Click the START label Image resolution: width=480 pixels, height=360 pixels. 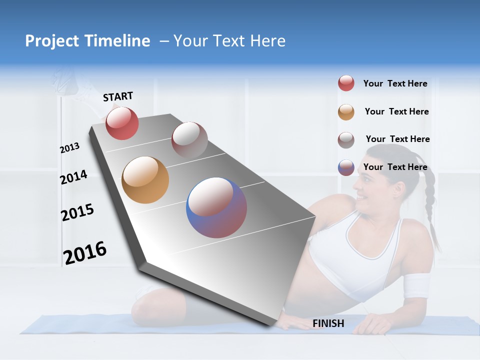pyautogui.click(x=118, y=96)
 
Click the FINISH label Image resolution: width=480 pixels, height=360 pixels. pyautogui.click(x=328, y=323)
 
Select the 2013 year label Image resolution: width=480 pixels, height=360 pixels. pyautogui.click(x=70, y=148)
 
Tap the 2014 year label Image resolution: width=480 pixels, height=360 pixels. pyautogui.click(x=73, y=177)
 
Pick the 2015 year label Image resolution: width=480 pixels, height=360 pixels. pyautogui.click(x=77, y=212)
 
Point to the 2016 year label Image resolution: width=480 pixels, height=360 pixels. pyautogui.click(x=85, y=252)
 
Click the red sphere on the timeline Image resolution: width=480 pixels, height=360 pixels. pyautogui.click(x=122, y=123)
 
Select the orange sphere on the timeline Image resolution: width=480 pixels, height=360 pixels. pyautogui.click(x=145, y=180)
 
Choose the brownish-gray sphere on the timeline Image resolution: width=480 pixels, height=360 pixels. pyautogui.click(x=189, y=139)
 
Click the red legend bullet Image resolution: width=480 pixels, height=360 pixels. pyautogui.click(x=346, y=83)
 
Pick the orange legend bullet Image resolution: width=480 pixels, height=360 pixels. pyautogui.click(x=346, y=112)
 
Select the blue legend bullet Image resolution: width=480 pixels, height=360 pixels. pyautogui.click(x=346, y=167)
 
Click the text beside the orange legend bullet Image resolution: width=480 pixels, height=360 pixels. pyautogui.click(x=396, y=111)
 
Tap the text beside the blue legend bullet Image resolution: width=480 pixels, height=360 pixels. pyautogui.click(x=395, y=167)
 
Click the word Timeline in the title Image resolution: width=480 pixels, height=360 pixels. pyautogui.click(x=118, y=41)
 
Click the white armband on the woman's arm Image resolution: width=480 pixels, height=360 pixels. pyautogui.click(x=416, y=286)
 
